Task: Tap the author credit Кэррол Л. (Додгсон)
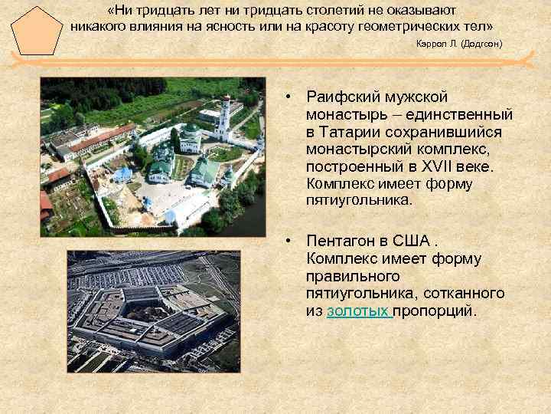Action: pos(459,44)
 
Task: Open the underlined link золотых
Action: pos(359,311)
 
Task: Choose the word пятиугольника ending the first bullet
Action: pos(358,201)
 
